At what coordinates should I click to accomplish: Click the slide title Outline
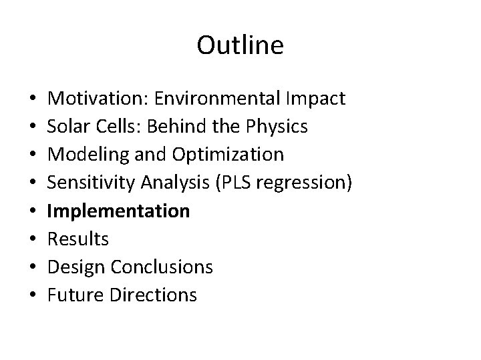(x=240, y=45)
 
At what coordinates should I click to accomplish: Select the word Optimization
(x=227, y=155)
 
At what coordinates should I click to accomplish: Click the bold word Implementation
(x=120, y=211)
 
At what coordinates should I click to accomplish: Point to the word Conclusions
(x=161, y=267)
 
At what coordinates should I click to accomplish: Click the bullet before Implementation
(x=33, y=211)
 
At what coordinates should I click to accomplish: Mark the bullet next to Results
(x=33, y=239)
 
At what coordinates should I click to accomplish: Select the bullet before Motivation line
(x=33, y=99)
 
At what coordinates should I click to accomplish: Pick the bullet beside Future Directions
(x=33, y=295)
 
